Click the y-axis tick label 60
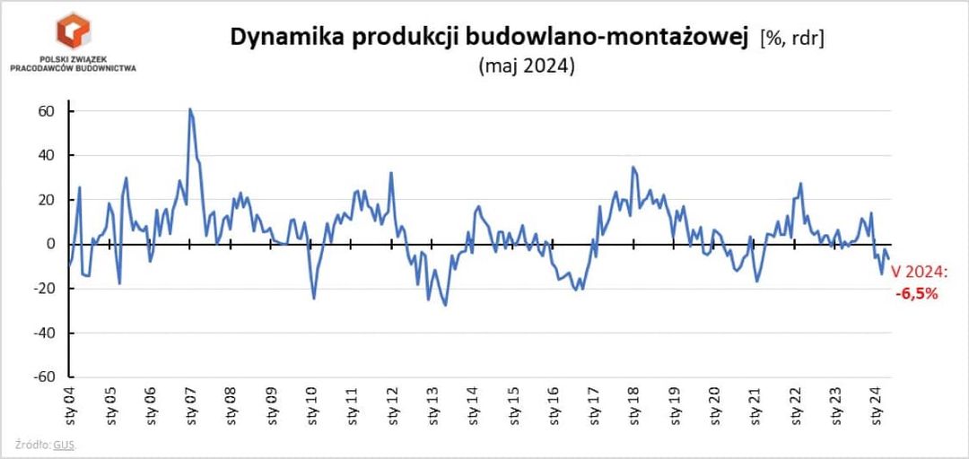(x=46, y=111)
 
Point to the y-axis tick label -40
(x=43, y=333)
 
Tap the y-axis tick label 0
(x=51, y=244)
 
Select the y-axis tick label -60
(x=43, y=377)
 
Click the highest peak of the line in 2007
(x=190, y=109)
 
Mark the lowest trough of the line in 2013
(x=445, y=306)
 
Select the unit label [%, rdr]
(x=791, y=39)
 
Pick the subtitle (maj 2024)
(x=527, y=66)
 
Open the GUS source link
(x=64, y=446)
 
